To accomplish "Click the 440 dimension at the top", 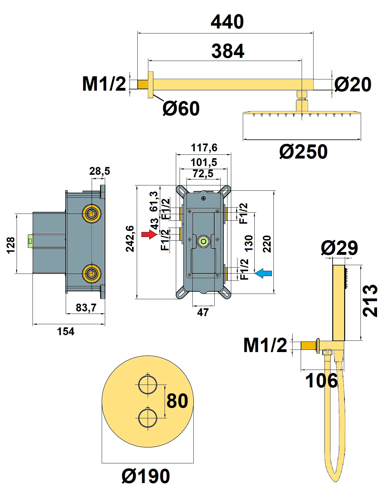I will pos(227,22).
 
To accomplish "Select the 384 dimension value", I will pos(227,51).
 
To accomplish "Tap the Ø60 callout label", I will pos(181,108).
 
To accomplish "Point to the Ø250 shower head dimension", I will pos(303,152).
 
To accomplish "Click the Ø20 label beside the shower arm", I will pos(353,84).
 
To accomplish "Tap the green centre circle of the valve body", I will pos(204,241).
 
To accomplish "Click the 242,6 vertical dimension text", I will pos(130,239).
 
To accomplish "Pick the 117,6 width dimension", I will pos(204,148).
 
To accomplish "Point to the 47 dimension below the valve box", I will pos(203,312).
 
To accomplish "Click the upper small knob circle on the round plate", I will pos(147,385).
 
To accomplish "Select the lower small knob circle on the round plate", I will pos(147,418).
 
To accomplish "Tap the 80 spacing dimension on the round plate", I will pos(177,401).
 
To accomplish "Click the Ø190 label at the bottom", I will pos(146,476).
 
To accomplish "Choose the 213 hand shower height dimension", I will pos(370,301).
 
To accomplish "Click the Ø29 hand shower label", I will pos(339,248).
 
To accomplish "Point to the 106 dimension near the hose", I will pos(321,381).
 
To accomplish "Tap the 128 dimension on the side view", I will pos(11,245).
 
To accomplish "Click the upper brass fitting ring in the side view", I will pos(92,214).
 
